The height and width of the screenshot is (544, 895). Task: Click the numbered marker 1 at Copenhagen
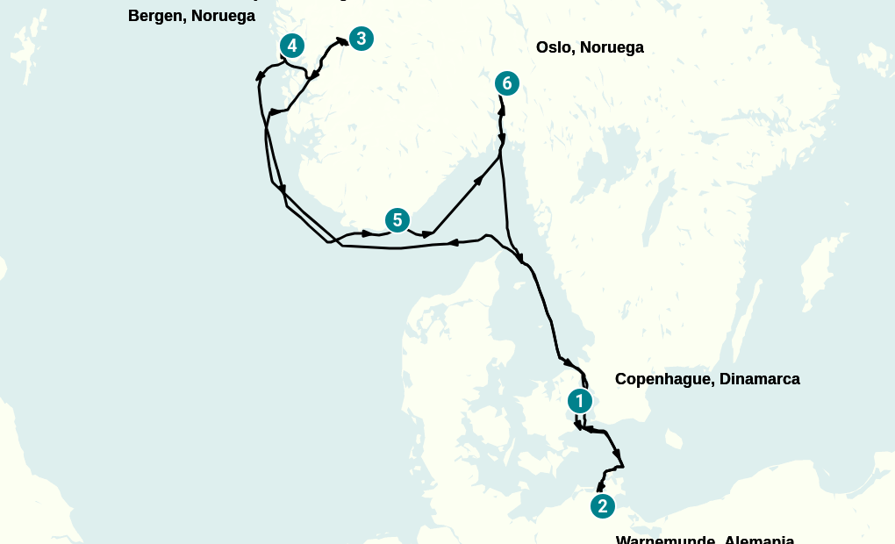pos(579,401)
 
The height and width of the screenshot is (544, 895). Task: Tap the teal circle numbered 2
pos(602,506)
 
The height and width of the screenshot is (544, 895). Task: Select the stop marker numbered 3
pos(361,39)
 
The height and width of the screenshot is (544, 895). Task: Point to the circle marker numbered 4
pos(292,46)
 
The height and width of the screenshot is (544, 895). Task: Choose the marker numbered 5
pos(397,220)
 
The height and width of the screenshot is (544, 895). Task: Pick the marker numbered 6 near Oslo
pos(506,83)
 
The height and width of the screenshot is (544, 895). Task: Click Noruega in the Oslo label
pos(611,47)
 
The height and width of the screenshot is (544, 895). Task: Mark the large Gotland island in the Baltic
pos(820,263)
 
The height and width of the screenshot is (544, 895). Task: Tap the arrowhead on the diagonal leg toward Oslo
pos(479,180)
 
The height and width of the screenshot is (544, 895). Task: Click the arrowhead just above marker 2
pos(600,485)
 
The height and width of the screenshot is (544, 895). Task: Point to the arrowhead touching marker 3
pos(341,40)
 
